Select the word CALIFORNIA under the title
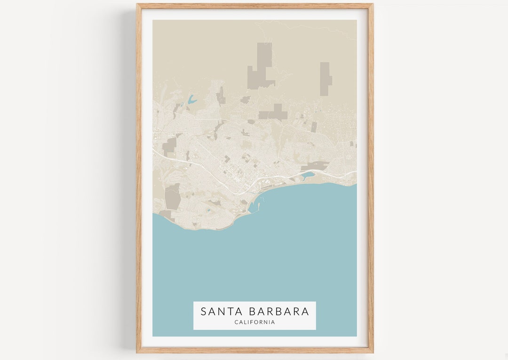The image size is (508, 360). (254, 322)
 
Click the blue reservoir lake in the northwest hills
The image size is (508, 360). (191, 100)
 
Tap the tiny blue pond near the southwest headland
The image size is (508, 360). (207, 211)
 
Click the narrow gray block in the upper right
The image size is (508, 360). (325, 78)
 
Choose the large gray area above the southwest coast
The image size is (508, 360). (173, 197)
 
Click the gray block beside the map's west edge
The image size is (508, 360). (169, 145)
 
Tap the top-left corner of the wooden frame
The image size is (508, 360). (137, 5)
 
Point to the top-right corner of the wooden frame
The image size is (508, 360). (373, 5)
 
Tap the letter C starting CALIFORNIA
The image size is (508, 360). (236, 322)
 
